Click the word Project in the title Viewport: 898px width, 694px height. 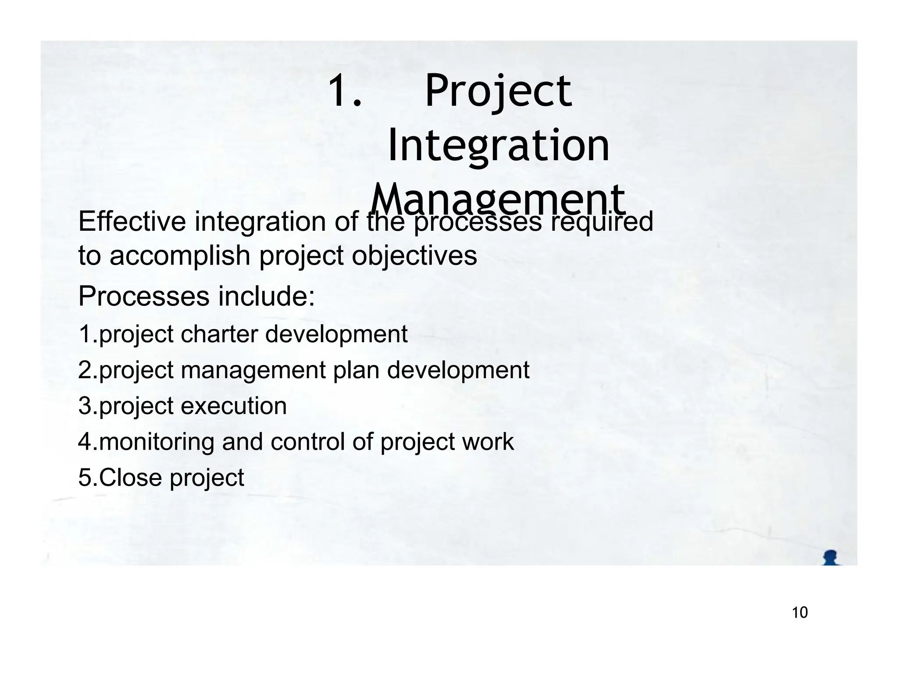pyautogui.click(x=498, y=91)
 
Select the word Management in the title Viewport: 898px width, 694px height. pyautogui.click(x=498, y=200)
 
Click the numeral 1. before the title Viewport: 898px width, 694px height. pyautogui.click(x=345, y=90)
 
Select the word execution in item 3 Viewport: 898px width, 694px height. pyautogui.click(x=234, y=406)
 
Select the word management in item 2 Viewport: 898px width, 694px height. pyautogui.click(x=253, y=370)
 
